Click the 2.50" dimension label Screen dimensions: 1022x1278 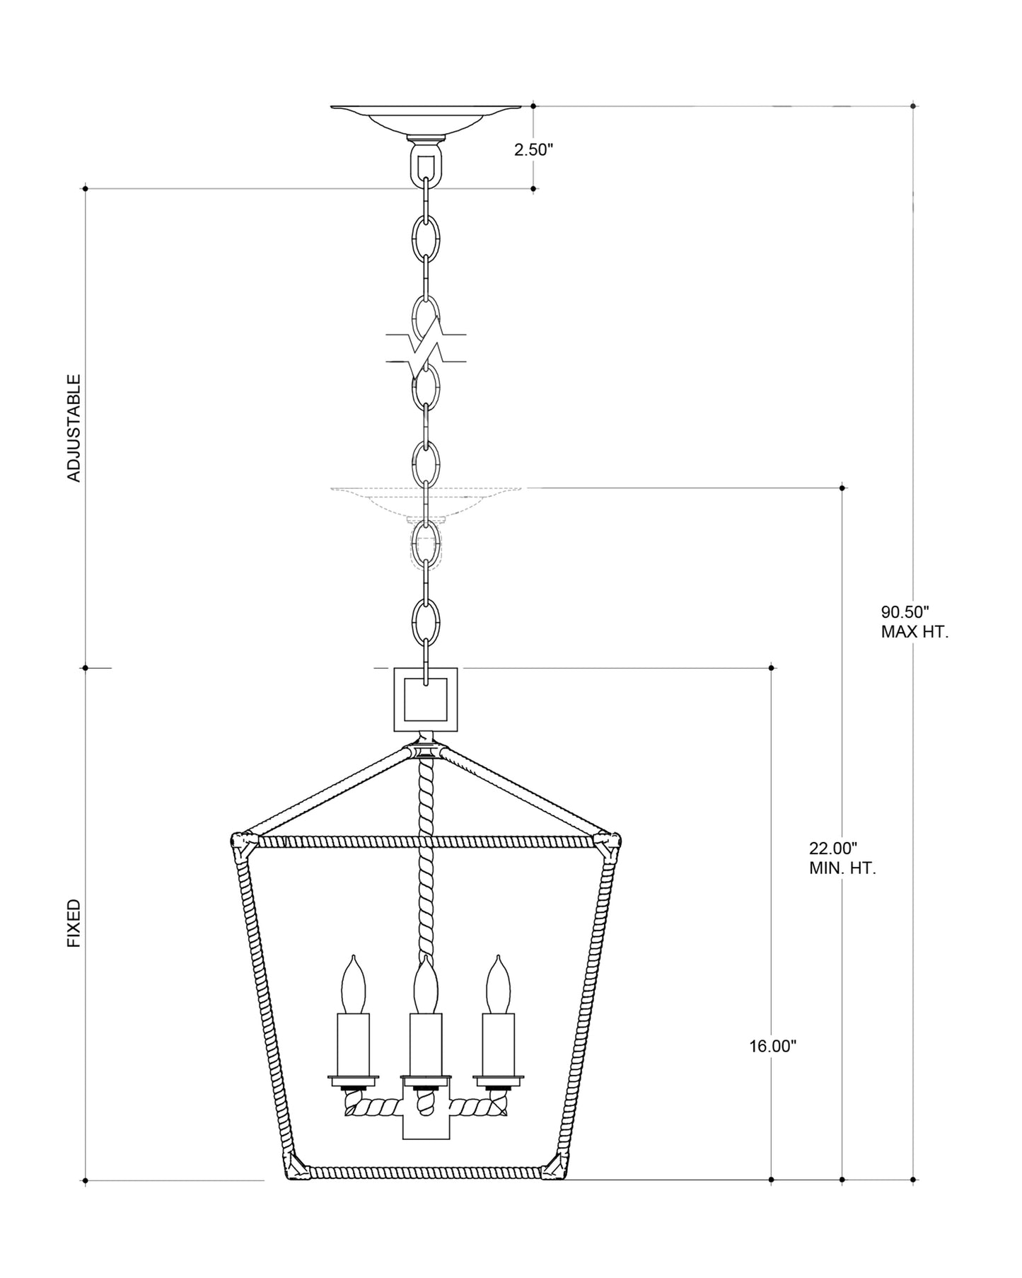tap(533, 150)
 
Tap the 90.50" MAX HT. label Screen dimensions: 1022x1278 tap(914, 622)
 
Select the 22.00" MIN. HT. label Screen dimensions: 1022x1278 tap(842, 858)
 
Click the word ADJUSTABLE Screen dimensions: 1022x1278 tap(74, 428)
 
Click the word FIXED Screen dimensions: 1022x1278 tap(74, 923)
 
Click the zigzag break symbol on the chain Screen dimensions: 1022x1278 tap(426, 347)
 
